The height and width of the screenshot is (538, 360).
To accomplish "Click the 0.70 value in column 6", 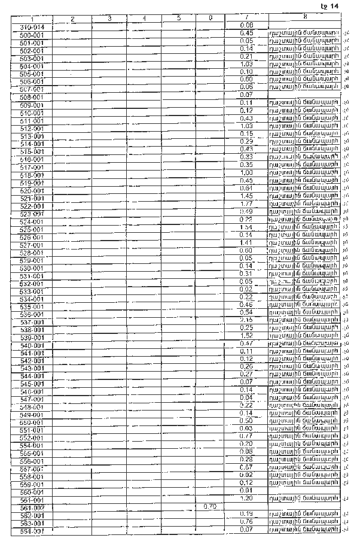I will tap(209, 506).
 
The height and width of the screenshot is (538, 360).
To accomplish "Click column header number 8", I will tap(305, 18).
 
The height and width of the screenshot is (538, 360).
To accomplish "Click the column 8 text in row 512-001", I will tap(305, 126).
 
